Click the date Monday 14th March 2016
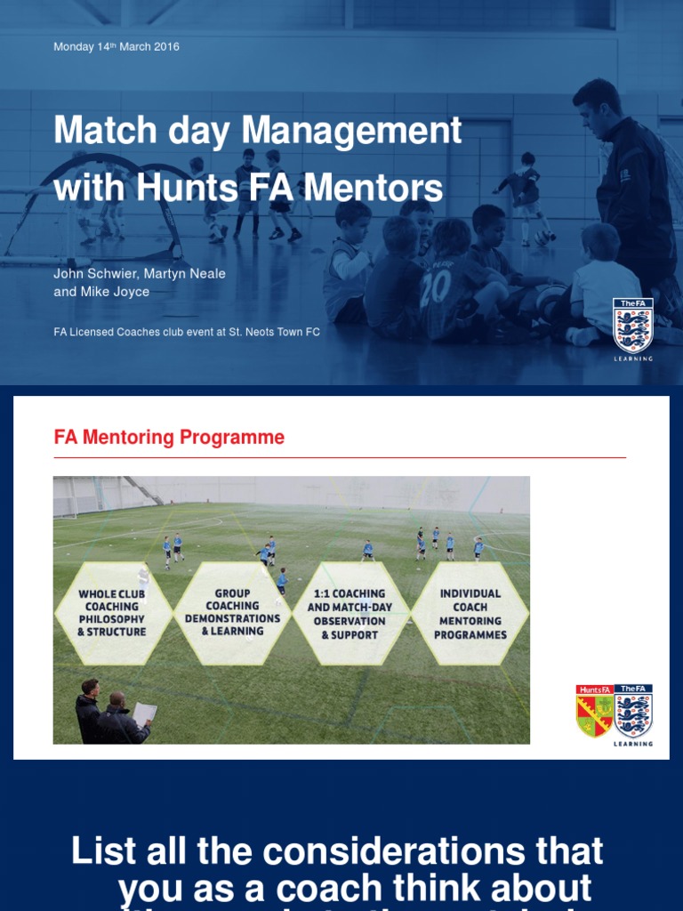tap(117, 46)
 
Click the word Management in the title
tap(352, 131)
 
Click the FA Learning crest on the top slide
tap(633, 327)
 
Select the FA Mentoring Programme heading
tap(169, 437)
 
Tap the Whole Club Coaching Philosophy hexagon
tap(112, 613)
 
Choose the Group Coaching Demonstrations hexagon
tap(232, 613)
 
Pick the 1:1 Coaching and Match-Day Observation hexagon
tap(350, 613)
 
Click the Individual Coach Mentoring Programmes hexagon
tap(470, 613)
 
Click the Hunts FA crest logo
tap(594, 711)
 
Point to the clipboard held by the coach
tap(144, 713)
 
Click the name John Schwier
tap(89, 273)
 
